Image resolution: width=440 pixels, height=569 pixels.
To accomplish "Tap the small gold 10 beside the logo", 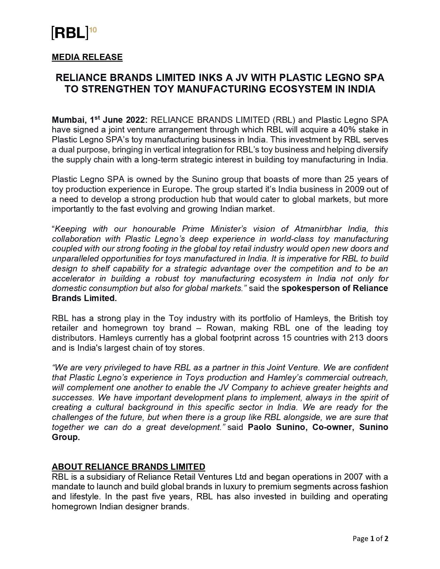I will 93,30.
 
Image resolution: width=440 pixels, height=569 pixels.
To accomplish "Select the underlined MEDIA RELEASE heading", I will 87,57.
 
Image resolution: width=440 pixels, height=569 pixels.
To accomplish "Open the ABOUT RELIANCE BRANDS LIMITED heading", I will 128,467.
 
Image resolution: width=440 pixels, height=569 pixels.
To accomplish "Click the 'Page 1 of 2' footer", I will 370,539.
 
